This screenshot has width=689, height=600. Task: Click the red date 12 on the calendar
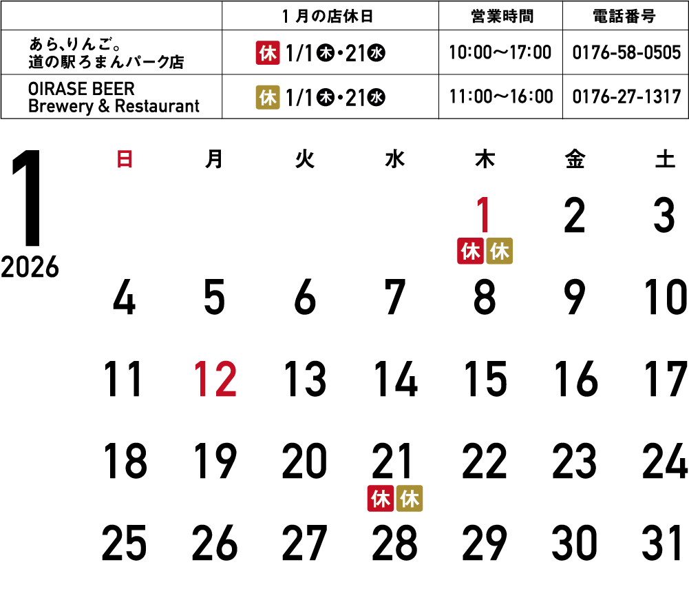pyautogui.click(x=215, y=380)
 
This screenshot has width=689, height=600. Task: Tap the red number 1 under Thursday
pyautogui.click(x=485, y=216)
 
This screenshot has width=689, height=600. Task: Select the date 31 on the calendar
pyautogui.click(x=664, y=544)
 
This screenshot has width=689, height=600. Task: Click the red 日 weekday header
pyautogui.click(x=125, y=161)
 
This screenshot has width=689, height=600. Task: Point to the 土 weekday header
pyautogui.click(x=664, y=161)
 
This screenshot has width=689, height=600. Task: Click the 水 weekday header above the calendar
pyautogui.click(x=394, y=161)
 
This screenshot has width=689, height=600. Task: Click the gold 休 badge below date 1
pyautogui.click(x=499, y=251)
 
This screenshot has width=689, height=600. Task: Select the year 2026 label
pyautogui.click(x=30, y=267)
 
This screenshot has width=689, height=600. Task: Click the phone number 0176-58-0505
pyautogui.click(x=626, y=53)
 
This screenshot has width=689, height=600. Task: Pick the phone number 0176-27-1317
pyautogui.click(x=626, y=97)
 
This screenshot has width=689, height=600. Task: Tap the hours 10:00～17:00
pyautogui.click(x=500, y=53)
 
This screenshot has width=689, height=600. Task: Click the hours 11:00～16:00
pyautogui.click(x=500, y=97)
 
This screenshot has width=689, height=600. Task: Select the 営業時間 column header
pyautogui.click(x=500, y=16)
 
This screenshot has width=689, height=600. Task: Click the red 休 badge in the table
pyautogui.click(x=268, y=53)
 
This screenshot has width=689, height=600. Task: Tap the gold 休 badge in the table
pyautogui.click(x=268, y=97)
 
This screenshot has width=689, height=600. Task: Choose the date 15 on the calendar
pyautogui.click(x=485, y=380)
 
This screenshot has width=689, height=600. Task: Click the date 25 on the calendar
pyautogui.click(x=124, y=544)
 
